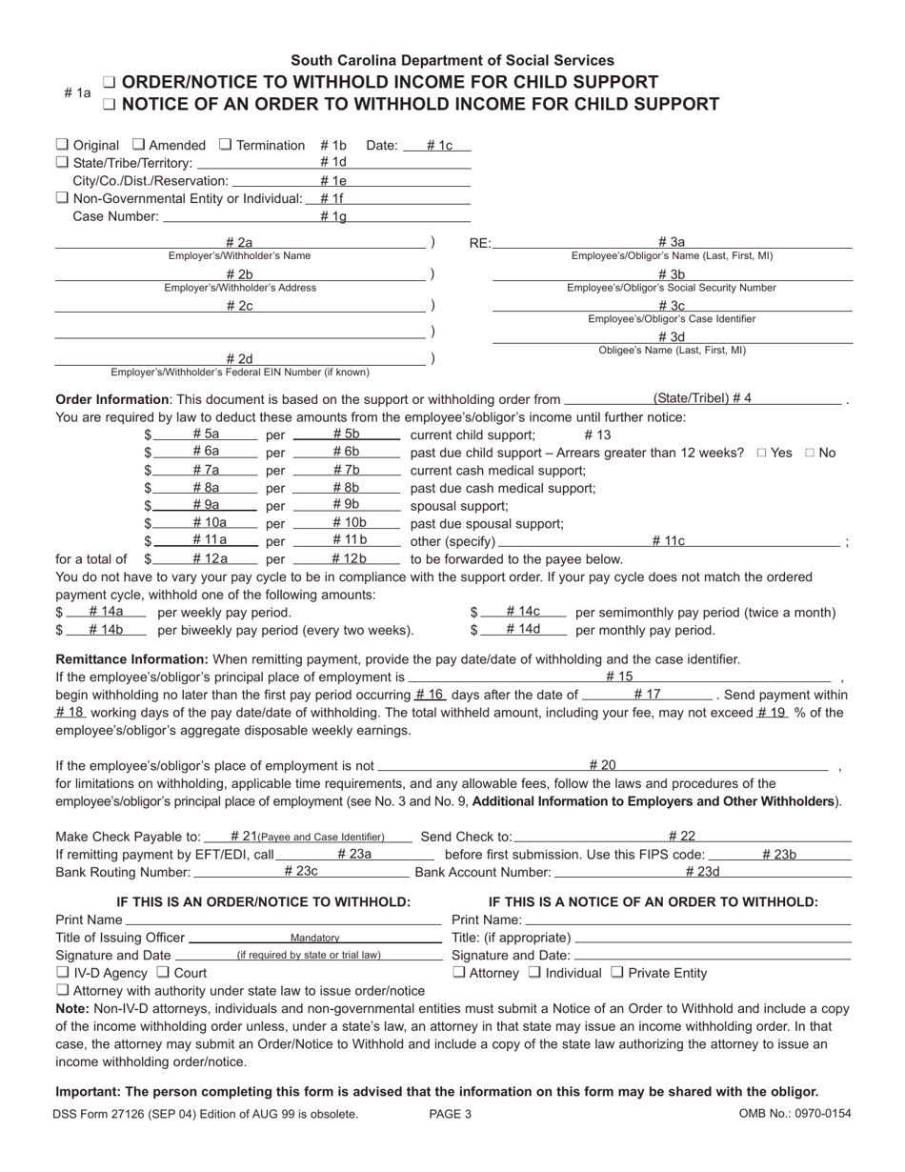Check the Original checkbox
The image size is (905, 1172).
click(62, 145)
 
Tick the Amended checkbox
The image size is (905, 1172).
click(138, 145)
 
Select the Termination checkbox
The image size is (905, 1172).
click(226, 145)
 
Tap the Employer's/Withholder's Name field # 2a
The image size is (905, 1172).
click(239, 243)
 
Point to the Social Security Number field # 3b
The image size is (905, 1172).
click(671, 274)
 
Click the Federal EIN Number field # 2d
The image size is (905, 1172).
click(239, 359)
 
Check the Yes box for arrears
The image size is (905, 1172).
click(761, 453)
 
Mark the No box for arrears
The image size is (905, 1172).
click(811, 453)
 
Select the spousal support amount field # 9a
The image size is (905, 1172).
click(206, 505)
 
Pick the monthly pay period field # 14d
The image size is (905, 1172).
click(523, 630)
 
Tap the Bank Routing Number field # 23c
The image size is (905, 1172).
click(301, 871)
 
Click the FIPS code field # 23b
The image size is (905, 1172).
click(778, 855)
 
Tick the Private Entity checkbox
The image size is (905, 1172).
click(616, 973)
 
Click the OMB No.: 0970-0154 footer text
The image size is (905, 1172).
click(794, 1114)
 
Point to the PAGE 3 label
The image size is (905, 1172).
click(450, 1114)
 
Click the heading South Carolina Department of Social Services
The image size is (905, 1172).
click(452, 60)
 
